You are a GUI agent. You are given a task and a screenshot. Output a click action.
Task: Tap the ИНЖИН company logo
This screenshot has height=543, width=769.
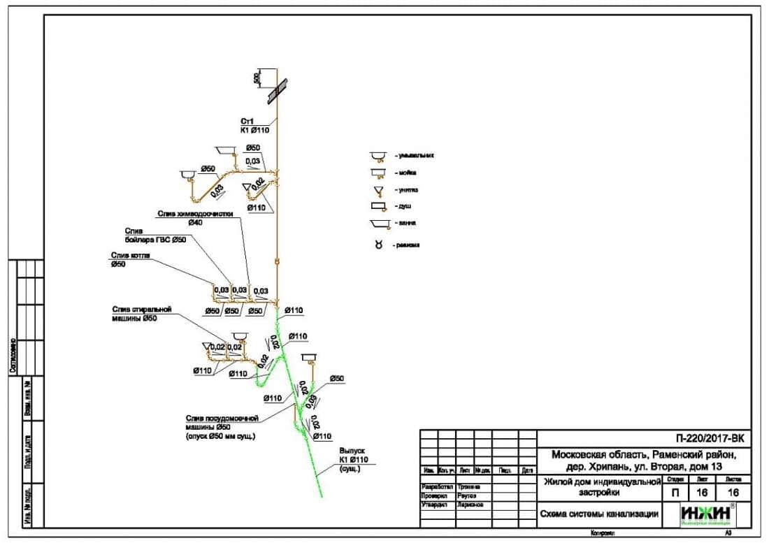point(707,514)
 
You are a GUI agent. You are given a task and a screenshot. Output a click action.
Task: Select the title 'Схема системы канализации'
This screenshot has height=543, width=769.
point(599,514)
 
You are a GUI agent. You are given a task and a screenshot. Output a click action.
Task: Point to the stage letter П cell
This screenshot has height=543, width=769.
point(674,493)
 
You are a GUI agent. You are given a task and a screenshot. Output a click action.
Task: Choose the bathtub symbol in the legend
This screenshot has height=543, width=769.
point(380,224)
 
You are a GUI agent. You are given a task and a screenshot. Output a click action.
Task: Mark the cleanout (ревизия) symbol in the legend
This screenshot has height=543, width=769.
point(379,245)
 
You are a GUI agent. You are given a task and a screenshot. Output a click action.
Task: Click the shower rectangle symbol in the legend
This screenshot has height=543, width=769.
point(379,207)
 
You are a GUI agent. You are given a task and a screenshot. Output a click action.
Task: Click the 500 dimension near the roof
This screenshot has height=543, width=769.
point(257,78)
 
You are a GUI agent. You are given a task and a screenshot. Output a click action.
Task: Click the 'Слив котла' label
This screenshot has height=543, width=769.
point(131,256)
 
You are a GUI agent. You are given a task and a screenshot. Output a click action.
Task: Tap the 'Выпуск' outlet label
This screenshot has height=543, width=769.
point(353,451)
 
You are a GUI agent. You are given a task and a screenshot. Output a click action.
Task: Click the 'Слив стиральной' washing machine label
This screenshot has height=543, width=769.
point(141,309)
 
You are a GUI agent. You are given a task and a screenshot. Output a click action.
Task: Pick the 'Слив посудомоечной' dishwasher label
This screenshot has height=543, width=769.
point(222,418)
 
